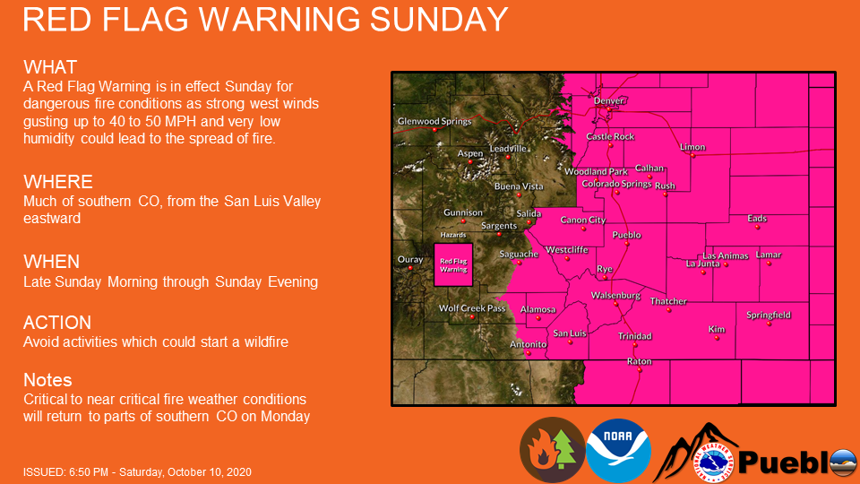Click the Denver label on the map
click(x=608, y=101)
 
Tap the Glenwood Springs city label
click(x=434, y=121)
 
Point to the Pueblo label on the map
click(x=626, y=235)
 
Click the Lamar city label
click(x=769, y=255)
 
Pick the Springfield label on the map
click(x=769, y=315)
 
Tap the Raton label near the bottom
click(x=639, y=361)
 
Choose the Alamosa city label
click(x=538, y=310)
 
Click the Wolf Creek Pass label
click(x=472, y=308)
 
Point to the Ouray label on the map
click(x=409, y=260)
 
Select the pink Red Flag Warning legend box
click(x=452, y=265)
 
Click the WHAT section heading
click(x=50, y=67)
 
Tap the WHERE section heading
click(x=58, y=182)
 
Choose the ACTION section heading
click(x=57, y=323)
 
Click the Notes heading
click(x=47, y=380)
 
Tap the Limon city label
click(x=692, y=147)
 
